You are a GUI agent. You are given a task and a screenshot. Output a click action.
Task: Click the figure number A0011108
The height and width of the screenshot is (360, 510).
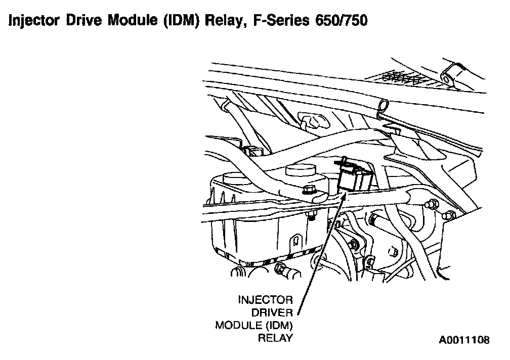pos(464,340)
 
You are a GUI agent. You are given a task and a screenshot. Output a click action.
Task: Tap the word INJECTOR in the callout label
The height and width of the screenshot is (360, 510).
pos(265,299)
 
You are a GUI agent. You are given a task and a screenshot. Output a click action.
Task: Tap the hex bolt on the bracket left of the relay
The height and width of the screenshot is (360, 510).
pos(308,191)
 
